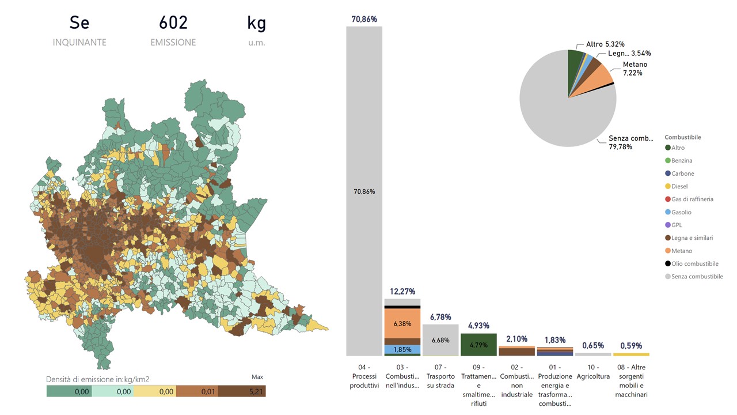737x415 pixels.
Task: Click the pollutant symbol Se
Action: coord(79,23)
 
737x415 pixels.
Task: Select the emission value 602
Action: coord(173,23)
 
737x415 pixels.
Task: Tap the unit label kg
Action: coord(256,23)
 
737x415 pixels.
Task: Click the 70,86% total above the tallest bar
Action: coord(364,20)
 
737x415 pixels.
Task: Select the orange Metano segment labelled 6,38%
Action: coord(402,324)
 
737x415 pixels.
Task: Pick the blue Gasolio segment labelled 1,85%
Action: coord(402,349)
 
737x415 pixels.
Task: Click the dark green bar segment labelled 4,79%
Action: coord(478,345)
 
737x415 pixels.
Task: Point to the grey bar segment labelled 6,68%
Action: coord(440,340)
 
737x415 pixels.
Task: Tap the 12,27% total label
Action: coord(402,292)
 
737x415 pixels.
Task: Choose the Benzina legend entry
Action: coord(682,161)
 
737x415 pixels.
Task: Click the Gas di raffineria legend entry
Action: coord(692,199)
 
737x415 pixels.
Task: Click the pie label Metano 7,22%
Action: coord(635,69)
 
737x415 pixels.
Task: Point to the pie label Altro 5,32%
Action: coord(605,44)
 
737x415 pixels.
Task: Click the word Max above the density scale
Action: coord(257,377)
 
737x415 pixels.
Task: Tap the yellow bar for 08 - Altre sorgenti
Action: coord(632,354)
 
